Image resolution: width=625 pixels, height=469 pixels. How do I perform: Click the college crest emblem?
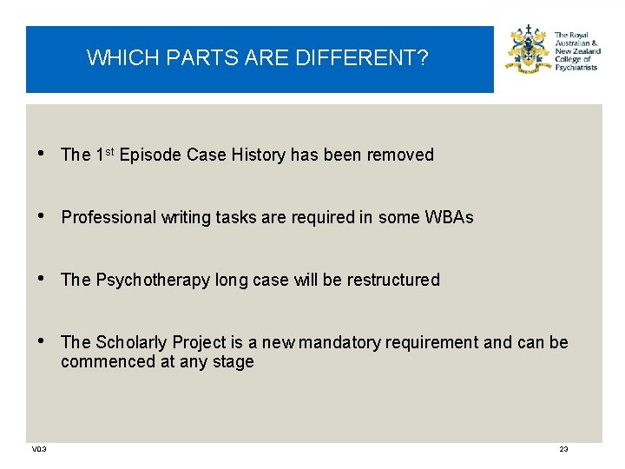pos(528,50)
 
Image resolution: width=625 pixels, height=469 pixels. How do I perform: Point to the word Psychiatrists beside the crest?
pos(576,67)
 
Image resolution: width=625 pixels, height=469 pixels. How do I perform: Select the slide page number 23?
pos(563,449)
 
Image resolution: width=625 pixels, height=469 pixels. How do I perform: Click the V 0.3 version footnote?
pos(39,449)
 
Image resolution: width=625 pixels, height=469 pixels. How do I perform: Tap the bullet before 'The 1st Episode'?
pos(44,155)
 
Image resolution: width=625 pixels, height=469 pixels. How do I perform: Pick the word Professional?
pos(109,218)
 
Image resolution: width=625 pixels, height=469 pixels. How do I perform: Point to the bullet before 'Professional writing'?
pos(44,217)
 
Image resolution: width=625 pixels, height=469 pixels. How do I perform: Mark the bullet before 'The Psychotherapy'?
pos(44,280)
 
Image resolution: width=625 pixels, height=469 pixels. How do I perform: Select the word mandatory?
pos(340,343)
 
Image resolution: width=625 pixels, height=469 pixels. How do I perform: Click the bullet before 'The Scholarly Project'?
pos(44,342)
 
